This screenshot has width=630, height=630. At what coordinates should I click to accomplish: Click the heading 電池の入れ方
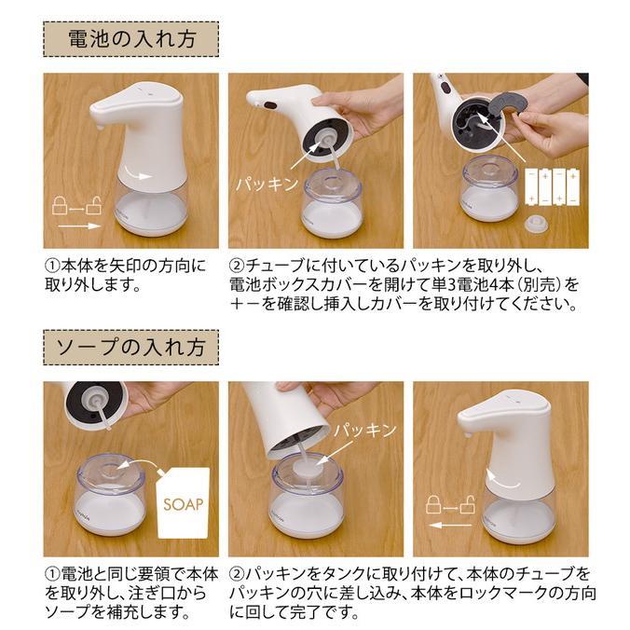[130, 39]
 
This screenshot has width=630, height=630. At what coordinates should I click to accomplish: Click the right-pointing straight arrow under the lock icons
[78, 226]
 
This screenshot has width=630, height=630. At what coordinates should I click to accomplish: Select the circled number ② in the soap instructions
[237, 573]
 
